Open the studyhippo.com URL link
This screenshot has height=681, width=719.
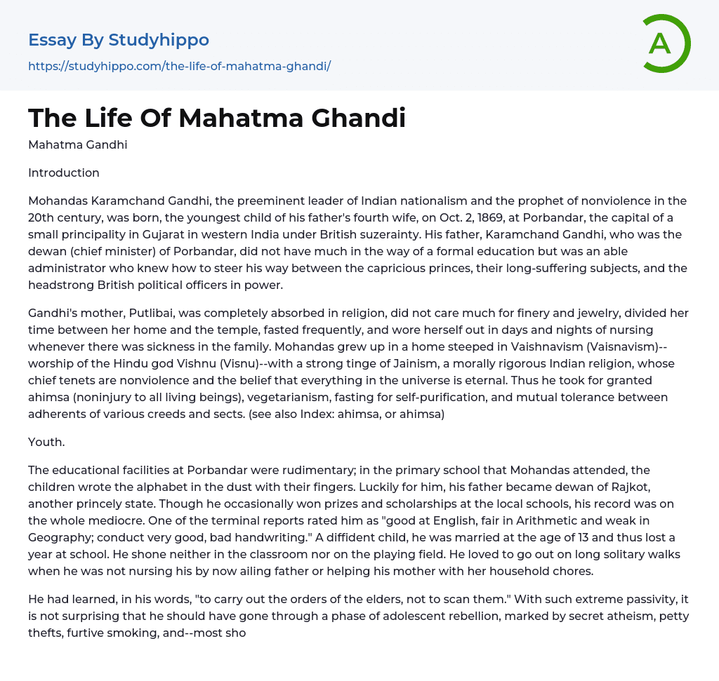click(179, 66)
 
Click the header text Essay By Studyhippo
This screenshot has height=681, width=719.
click(119, 39)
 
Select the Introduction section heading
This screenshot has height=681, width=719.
click(64, 173)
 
